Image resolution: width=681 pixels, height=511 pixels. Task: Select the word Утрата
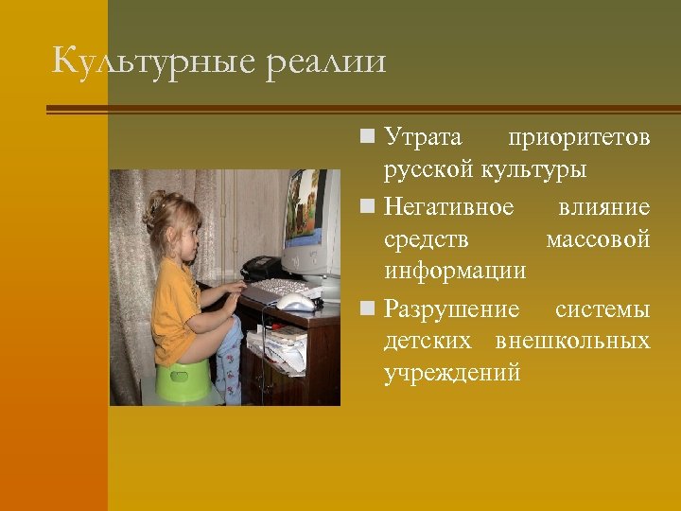click(x=423, y=138)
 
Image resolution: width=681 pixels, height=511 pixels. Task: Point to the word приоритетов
click(x=579, y=138)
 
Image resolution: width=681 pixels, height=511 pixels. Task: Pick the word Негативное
click(x=449, y=206)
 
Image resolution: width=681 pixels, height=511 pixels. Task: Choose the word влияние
click(x=603, y=206)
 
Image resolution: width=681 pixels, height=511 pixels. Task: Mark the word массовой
click(x=598, y=240)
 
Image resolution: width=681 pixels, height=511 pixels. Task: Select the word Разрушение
click(x=452, y=309)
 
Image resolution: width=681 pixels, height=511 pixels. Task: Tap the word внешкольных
click(x=572, y=340)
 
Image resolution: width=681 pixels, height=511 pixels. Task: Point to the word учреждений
click(x=452, y=374)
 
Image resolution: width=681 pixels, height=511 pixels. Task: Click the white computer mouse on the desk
click(x=296, y=302)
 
